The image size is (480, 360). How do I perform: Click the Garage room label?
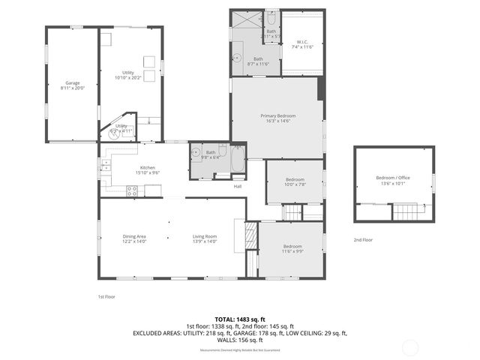coord(72,85)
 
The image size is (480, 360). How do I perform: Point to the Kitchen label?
coord(147,169)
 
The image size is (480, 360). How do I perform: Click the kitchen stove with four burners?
coord(132,191)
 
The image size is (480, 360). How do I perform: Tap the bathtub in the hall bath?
coord(237,160)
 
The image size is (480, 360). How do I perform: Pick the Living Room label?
coord(204,238)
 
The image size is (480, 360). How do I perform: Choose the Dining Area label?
coord(134,238)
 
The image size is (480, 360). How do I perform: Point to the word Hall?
coord(238,186)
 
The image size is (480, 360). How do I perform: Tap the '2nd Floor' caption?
coord(363,240)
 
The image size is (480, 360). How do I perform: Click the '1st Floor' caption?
coord(106,296)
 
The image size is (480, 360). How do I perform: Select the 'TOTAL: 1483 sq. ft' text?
coord(239,318)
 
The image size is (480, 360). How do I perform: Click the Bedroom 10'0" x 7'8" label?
coord(294,181)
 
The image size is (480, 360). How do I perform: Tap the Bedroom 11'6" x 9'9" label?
coord(292,249)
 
